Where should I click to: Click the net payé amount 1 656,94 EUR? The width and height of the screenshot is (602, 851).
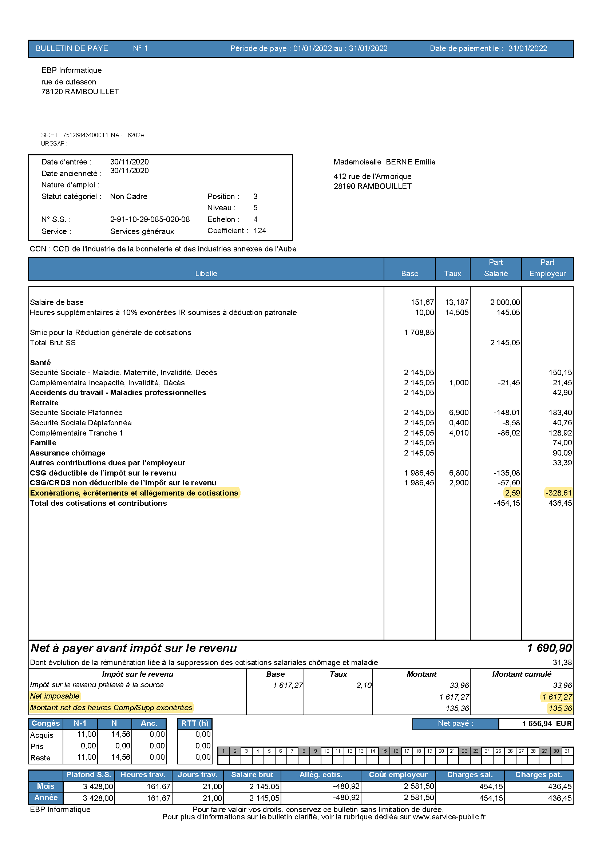(x=547, y=724)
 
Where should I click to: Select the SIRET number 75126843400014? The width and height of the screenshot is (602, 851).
(x=85, y=135)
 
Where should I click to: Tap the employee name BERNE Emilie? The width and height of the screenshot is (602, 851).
(x=410, y=162)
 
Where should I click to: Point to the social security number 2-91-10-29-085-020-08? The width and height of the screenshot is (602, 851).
(x=150, y=219)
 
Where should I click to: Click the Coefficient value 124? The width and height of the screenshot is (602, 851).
(x=260, y=231)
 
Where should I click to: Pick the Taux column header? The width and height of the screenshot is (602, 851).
(x=452, y=274)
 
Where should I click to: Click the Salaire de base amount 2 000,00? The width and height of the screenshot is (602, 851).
(x=504, y=302)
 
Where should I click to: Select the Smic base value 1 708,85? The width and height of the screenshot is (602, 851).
(x=419, y=333)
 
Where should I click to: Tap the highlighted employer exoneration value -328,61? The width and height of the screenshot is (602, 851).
(x=558, y=493)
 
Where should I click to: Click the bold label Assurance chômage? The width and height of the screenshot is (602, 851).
(x=67, y=453)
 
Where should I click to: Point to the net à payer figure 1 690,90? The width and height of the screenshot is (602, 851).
(x=549, y=648)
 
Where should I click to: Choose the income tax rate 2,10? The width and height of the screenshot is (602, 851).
(x=364, y=685)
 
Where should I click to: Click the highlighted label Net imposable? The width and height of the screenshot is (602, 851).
(x=55, y=696)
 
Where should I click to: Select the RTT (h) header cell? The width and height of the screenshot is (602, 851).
(x=195, y=723)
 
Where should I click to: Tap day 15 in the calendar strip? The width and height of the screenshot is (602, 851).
(x=384, y=751)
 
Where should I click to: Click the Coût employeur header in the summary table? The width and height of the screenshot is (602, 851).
(x=398, y=775)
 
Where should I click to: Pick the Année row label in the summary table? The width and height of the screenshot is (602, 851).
(x=45, y=797)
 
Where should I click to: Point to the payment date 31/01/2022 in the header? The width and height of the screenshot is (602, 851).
(x=527, y=48)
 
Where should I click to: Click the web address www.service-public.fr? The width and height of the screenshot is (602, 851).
(x=448, y=817)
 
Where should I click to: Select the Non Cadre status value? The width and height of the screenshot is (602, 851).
(x=128, y=196)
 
